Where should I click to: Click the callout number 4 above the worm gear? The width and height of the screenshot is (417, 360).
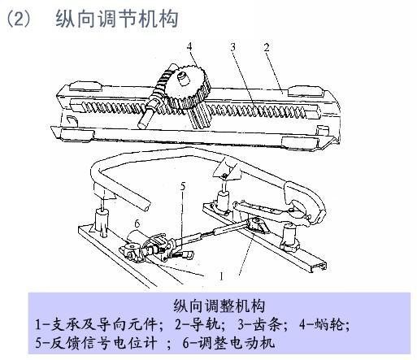coord(189,47)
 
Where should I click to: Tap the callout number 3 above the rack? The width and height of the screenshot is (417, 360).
coord(233,47)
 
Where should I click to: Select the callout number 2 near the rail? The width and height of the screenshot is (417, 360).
coord(267,47)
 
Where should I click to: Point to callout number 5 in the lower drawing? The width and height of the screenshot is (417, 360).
coord(183,186)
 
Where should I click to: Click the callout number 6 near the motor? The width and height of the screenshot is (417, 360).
coord(137,223)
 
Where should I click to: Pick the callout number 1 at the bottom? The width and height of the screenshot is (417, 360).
coord(221,276)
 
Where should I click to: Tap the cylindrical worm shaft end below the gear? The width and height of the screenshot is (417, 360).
coord(144,119)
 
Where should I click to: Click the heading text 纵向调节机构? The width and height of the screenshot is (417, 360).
coord(117,19)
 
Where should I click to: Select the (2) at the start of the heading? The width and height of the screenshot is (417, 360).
coord(19,19)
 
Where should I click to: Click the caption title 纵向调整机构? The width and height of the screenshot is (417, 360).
coord(219,306)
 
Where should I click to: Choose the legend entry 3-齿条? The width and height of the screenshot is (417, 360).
coord(259,324)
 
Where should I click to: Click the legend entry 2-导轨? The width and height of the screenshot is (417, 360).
coord(198,324)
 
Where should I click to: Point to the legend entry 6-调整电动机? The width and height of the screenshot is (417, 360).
coord(228,343)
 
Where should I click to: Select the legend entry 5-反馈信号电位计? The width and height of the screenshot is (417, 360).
coord(96,343)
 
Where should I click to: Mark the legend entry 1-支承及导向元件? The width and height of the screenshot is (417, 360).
coord(96,324)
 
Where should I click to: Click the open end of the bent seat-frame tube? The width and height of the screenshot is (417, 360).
coord(146,207)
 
